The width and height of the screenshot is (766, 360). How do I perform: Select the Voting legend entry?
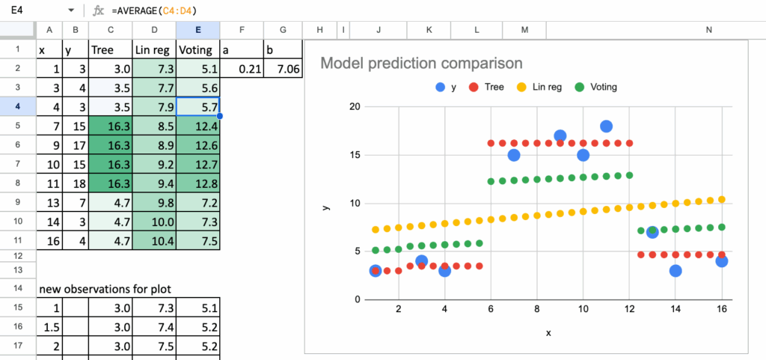(x=596, y=87)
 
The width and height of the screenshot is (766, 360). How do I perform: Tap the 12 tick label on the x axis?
(x=630, y=308)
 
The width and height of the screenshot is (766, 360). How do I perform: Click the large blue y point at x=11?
(x=606, y=126)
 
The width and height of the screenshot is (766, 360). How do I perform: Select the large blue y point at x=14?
(x=675, y=271)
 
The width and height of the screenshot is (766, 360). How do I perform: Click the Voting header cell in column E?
(x=198, y=50)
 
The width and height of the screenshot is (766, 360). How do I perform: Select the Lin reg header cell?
(x=154, y=50)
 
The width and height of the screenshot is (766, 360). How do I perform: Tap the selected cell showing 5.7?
(x=198, y=107)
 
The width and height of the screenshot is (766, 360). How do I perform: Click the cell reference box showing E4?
(x=30, y=10)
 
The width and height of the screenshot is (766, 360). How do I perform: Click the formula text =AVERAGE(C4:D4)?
(x=156, y=10)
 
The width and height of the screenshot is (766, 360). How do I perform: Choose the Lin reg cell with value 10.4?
(x=154, y=240)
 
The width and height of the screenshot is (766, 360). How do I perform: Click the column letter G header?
(x=282, y=30)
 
